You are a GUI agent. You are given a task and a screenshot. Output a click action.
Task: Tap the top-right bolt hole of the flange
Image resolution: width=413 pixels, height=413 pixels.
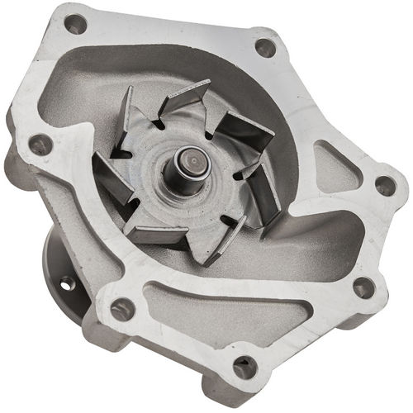tap(264, 47)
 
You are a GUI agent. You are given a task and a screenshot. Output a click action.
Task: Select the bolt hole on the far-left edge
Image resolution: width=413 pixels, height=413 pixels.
tap(39, 145)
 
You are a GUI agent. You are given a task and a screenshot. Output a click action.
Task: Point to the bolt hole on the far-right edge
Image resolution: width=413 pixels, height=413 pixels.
tap(385, 186)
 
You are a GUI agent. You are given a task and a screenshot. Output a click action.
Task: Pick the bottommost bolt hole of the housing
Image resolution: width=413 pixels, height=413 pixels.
tap(244, 364)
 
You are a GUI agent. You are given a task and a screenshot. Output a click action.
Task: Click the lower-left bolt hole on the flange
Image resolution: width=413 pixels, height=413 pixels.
tap(122, 309)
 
